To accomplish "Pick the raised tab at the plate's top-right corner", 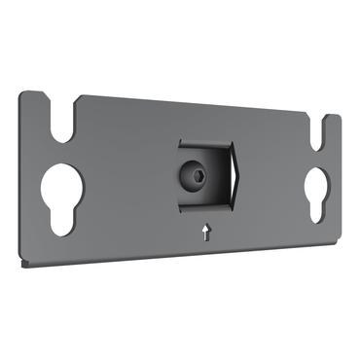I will pyautogui.click(x=332, y=122).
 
